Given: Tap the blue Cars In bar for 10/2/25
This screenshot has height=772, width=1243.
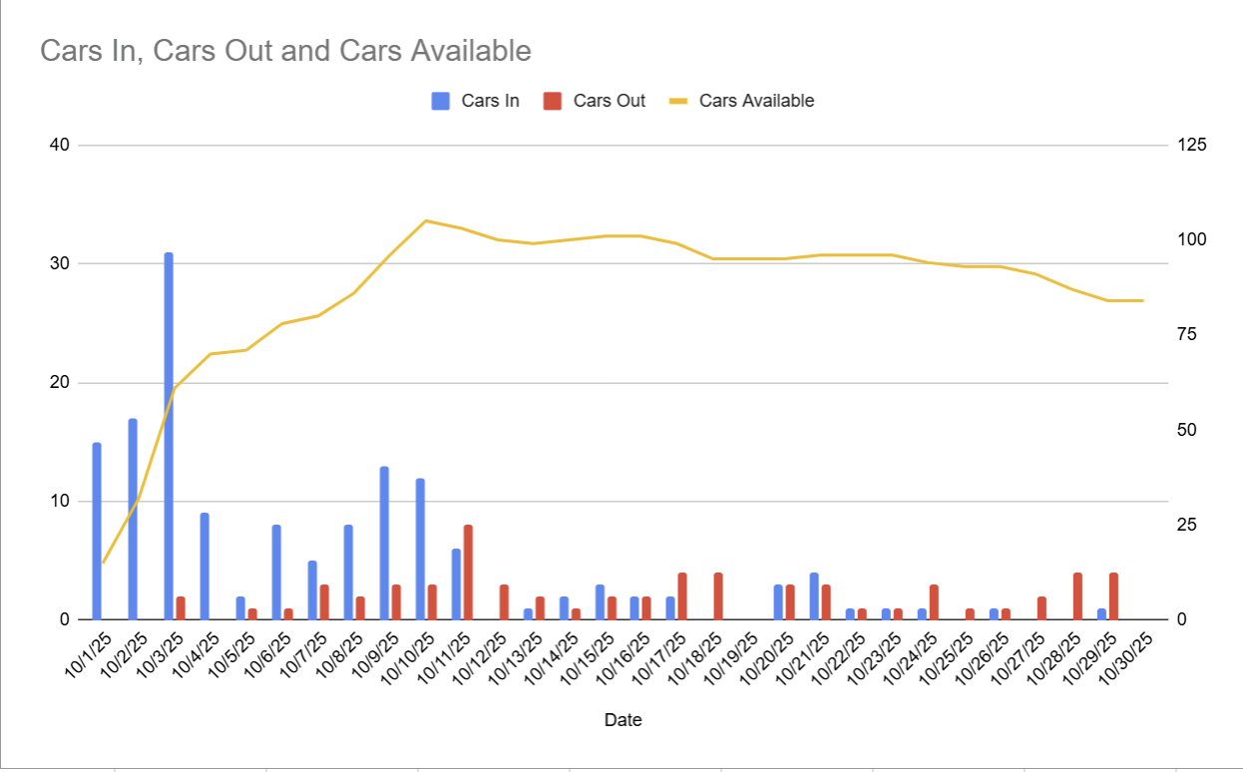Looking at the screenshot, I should coord(133,519).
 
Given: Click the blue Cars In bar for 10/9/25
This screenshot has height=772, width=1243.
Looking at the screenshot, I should coord(384,543).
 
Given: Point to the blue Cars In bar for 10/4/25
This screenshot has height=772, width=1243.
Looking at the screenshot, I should coord(205,567).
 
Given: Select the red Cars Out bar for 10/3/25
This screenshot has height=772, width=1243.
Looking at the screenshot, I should coord(181,607).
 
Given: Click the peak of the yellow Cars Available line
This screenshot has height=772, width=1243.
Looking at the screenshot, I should coord(425,220).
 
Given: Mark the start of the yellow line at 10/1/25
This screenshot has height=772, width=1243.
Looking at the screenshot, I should coord(103,563).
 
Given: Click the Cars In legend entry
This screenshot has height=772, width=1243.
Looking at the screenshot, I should coord(476,101).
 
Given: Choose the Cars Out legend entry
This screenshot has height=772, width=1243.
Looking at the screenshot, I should coord(595,101).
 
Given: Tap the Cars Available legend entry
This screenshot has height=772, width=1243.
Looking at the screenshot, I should coord(742,101).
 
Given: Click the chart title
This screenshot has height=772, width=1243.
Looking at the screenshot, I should coord(285,50).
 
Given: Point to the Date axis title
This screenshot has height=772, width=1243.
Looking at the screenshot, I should coord(622,720).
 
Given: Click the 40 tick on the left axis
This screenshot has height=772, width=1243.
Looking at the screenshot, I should coord(59,146).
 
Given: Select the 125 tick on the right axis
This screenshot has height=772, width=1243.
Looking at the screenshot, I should coord(1192,146).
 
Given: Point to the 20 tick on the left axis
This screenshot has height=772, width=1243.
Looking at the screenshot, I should coord(59,383).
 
